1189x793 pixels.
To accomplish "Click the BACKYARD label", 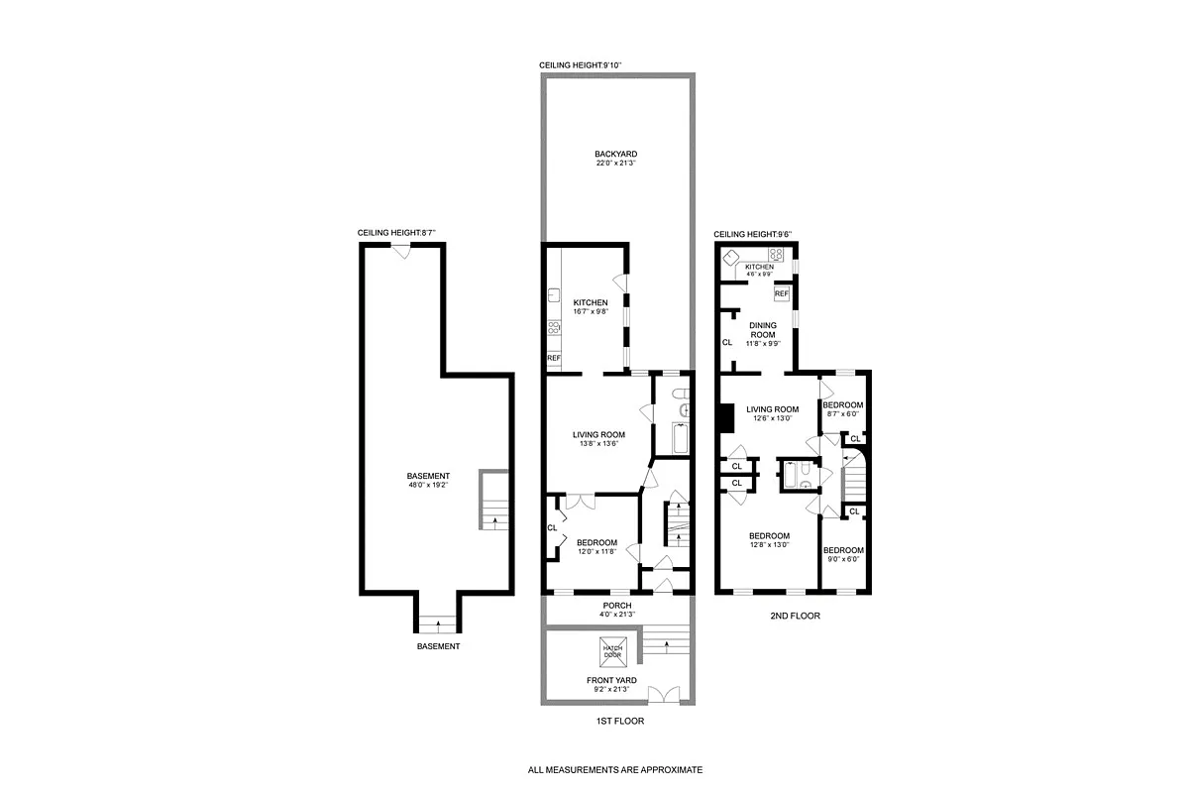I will [615, 155].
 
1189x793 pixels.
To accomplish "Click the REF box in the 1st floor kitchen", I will [554, 358].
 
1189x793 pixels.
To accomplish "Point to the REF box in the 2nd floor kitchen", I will [781, 293].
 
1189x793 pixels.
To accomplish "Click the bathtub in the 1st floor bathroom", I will [681, 437].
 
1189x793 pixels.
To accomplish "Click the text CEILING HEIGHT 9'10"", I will [580, 65].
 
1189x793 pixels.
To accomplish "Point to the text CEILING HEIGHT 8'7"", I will [397, 234].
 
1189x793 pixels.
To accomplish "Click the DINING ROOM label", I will [762, 329].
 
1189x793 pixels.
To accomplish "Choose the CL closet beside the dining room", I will [726, 342].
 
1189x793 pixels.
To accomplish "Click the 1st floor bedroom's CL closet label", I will [552, 527].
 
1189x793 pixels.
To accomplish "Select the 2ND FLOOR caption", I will [795, 616].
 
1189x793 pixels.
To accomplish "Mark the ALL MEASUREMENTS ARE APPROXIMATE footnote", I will [615, 769].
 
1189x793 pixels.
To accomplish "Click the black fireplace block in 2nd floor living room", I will [724, 419].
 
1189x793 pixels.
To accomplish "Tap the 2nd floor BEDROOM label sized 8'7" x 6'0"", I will [842, 405].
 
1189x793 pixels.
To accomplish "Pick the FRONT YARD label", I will [610, 680].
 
